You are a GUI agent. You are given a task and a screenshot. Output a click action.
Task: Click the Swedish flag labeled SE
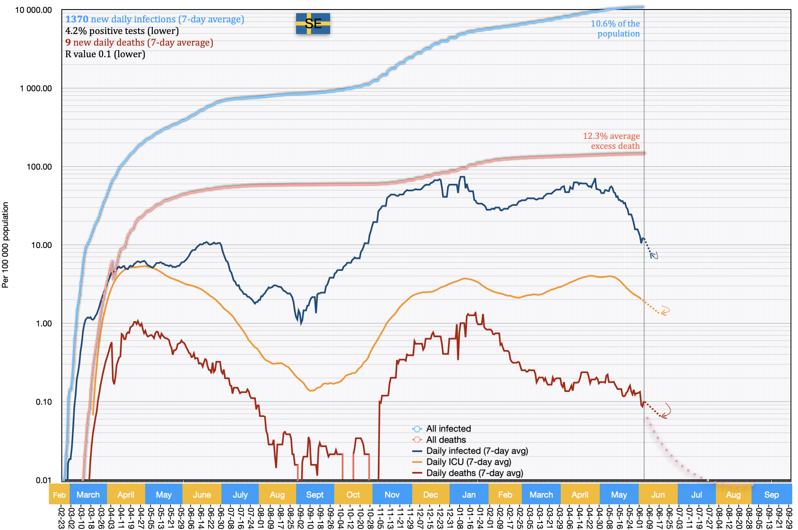[313, 24]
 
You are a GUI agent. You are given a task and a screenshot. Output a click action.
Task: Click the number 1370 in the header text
[77, 19]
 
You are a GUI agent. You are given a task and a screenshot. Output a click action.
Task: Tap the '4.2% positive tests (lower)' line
[122, 31]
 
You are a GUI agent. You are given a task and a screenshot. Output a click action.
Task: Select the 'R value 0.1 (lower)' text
[105, 54]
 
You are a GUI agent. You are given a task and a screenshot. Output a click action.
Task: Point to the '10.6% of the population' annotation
[615, 29]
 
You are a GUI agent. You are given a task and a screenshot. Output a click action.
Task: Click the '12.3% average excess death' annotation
[611, 141]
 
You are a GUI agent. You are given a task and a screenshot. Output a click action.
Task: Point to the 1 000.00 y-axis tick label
[36, 88]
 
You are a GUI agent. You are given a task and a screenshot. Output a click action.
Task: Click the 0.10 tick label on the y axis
[44, 402]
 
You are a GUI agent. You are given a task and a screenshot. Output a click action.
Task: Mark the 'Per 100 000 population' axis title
[5, 245]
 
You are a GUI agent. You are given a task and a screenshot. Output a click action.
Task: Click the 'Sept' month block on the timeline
[315, 494]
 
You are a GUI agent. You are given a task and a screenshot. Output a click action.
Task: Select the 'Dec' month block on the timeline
[431, 494]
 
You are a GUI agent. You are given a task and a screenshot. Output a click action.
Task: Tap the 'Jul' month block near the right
[696, 494]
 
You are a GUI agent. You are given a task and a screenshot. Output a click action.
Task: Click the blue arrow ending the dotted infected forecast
[654, 255]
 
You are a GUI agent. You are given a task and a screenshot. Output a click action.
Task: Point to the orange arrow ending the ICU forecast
[665, 311]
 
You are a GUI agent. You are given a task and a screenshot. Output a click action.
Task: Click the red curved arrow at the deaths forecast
[666, 411]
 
